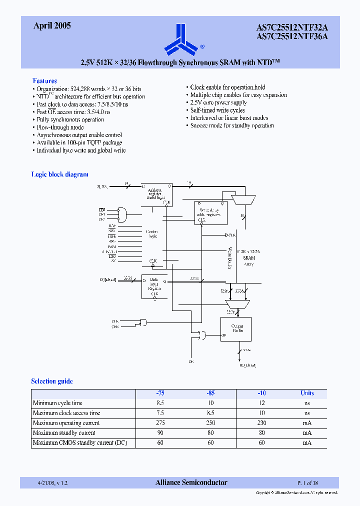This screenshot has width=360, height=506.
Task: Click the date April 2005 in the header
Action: (x=52, y=26)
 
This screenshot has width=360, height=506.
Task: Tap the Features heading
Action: (x=44, y=80)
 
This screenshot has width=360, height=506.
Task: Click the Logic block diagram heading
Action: (x=59, y=174)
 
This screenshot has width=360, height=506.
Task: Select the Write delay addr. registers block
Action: (x=210, y=212)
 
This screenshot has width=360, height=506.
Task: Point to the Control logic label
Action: (x=151, y=233)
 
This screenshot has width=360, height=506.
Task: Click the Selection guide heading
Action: (x=52, y=381)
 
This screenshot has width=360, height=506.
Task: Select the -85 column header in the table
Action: (x=210, y=393)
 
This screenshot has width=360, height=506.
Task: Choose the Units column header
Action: (x=306, y=393)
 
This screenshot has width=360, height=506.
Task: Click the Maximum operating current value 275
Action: (x=160, y=423)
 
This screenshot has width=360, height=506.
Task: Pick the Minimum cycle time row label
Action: (x=57, y=403)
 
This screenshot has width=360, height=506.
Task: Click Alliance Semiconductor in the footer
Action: (x=191, y=482)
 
